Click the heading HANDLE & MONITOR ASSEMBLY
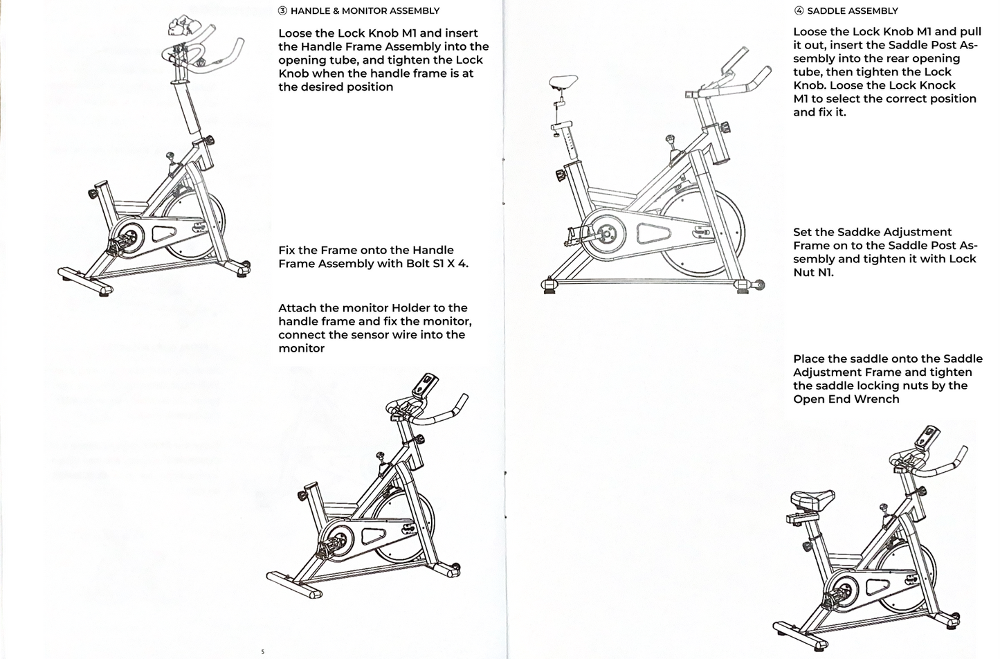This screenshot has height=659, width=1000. point(365,11)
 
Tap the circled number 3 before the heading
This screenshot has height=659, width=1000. point(282,11)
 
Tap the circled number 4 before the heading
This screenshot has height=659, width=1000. point(799,11)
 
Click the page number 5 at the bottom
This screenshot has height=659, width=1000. point(262,651)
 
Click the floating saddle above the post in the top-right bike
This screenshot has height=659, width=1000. point(565,82)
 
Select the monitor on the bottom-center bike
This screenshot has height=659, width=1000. point(426,384)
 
